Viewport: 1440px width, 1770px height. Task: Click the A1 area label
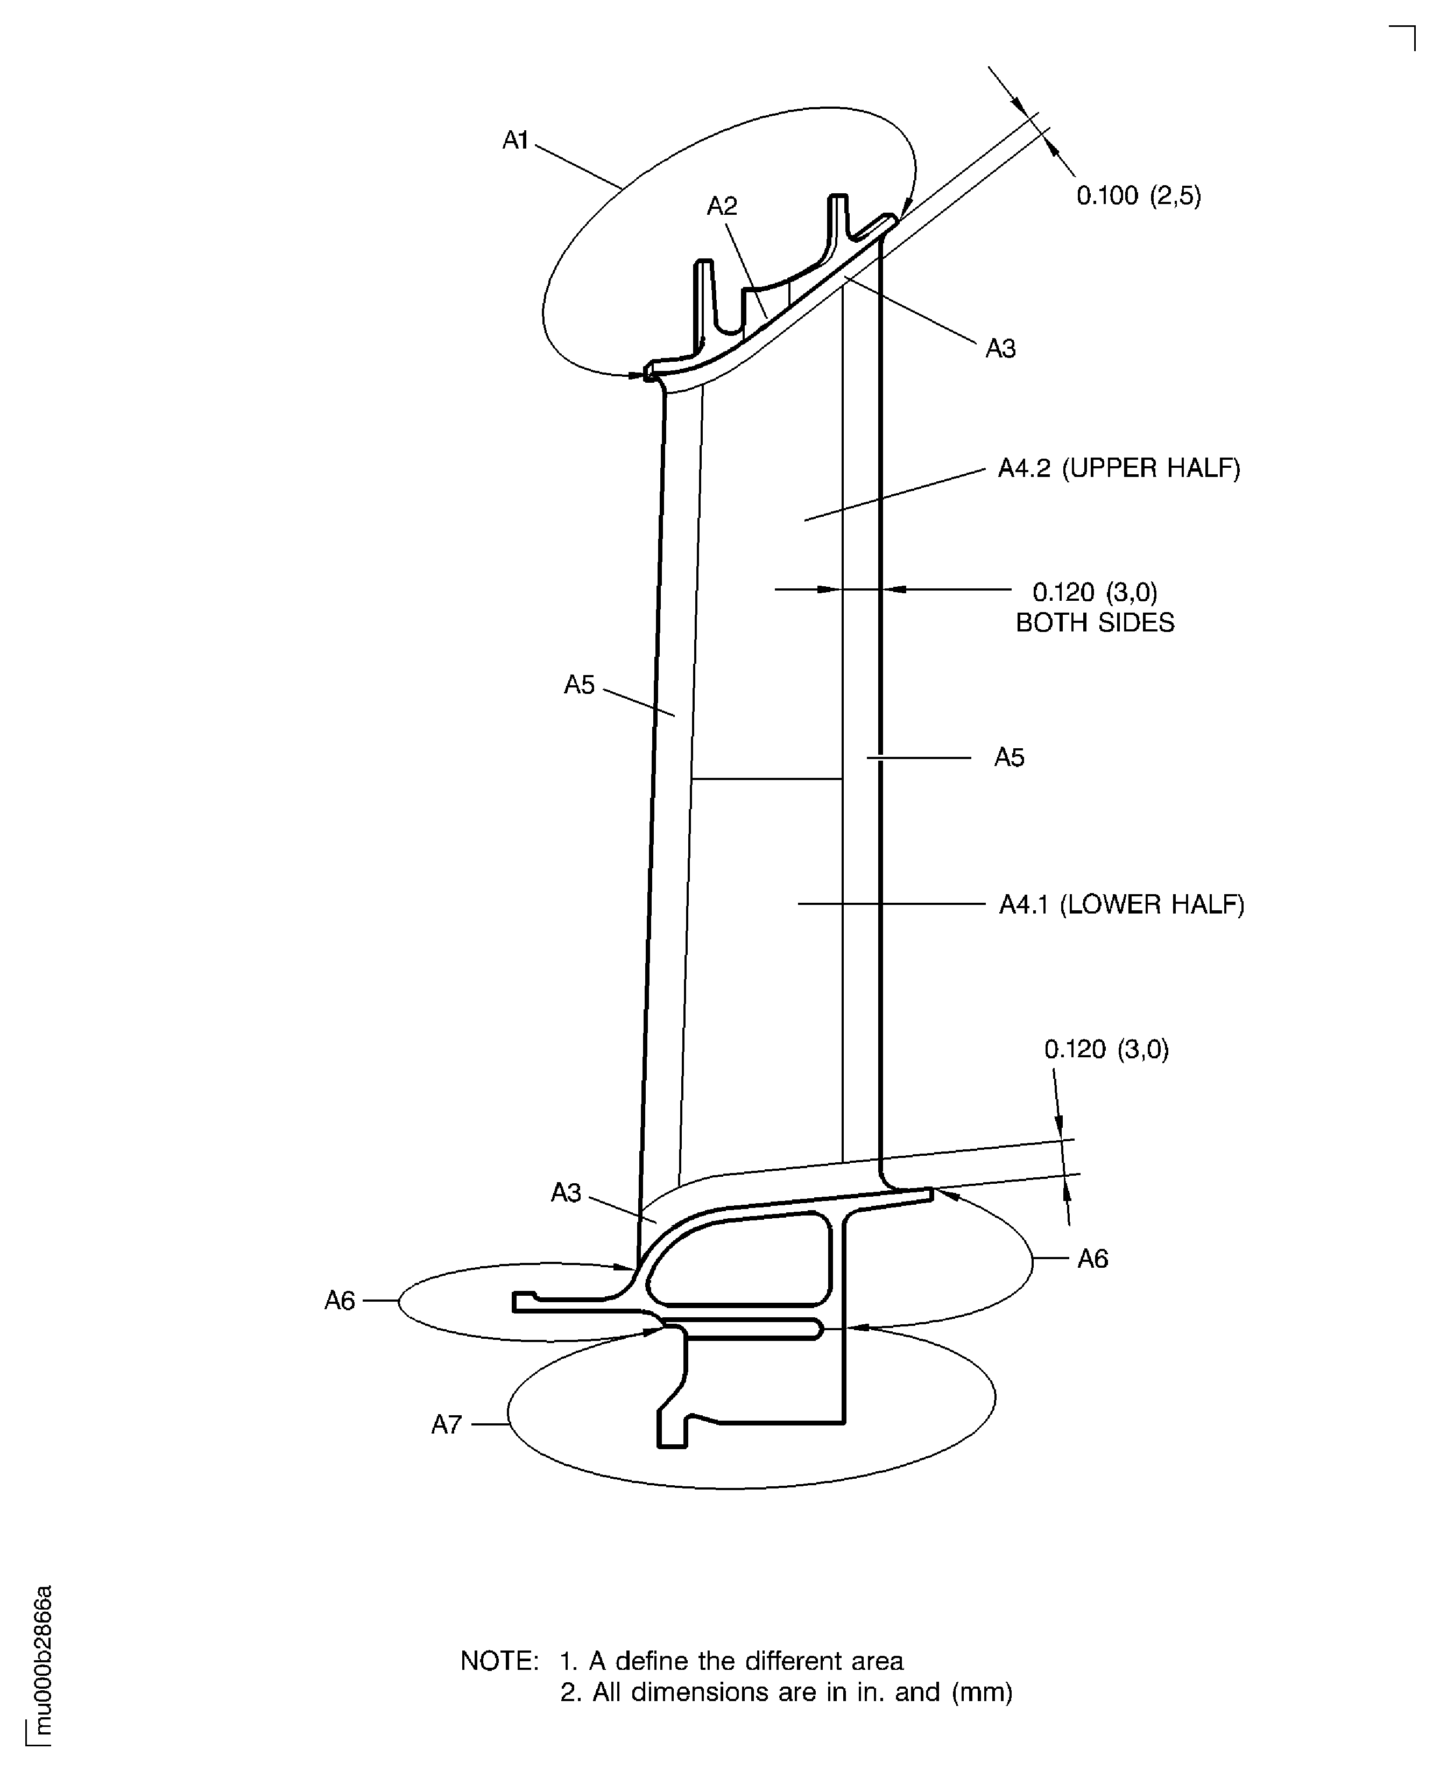516,141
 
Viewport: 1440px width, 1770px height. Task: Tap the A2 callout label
722,206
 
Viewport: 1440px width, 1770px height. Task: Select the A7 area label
446,1425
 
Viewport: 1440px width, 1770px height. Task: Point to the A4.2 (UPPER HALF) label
1119,469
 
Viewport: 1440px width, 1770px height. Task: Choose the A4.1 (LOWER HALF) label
1121,904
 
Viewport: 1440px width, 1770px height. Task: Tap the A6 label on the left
339,1301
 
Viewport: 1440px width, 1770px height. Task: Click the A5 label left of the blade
579,685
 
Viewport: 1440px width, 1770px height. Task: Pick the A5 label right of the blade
1010,757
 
